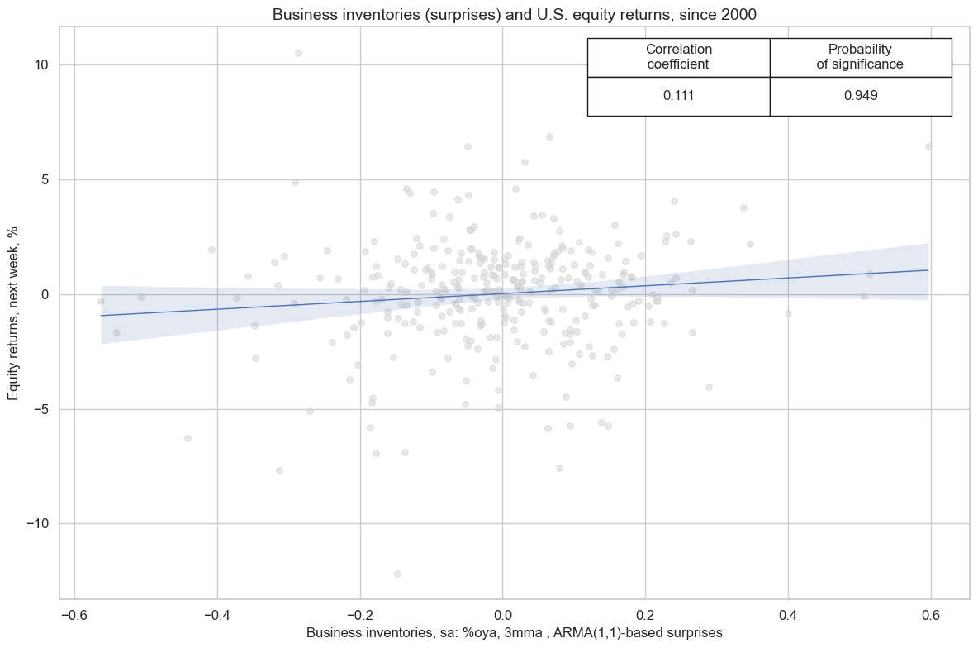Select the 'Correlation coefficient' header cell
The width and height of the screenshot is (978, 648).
click(x=678, y=57)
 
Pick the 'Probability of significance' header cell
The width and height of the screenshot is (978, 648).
click(x=860, y=57)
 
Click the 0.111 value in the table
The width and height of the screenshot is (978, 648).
click(x=678, y=96)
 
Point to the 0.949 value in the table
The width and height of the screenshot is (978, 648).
click(x=860, y=96)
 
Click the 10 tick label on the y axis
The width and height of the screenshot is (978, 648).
click(x=40, y=65)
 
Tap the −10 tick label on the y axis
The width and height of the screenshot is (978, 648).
click(x=36, y=524)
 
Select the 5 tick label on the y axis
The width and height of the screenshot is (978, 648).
click(x=44, y=180)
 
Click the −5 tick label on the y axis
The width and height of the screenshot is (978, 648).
click(x=40, y=409)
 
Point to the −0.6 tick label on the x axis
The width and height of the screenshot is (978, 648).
click(x=74, y=616)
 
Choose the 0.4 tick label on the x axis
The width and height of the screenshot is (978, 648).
click(x=788, y=616)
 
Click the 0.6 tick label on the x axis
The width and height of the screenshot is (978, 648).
click(x=931, y=616)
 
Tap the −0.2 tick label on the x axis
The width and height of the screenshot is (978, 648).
click(x=359, y=616)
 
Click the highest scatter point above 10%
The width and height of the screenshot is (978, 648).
click(x=298, y=53)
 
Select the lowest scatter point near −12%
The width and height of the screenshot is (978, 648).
click(x=397, y=574)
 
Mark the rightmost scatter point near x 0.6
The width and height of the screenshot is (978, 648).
click(x=928, y=146)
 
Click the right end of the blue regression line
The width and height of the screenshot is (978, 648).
click(x=928, y=270)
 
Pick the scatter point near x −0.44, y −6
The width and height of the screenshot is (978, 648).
click(x=188, y=438)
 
